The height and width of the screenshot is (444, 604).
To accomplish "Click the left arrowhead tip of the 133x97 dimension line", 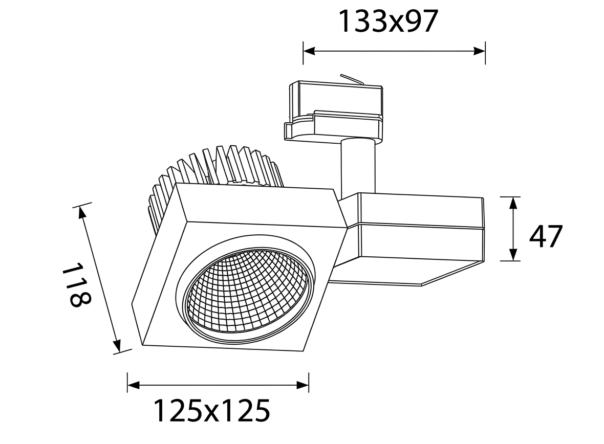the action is pos(304,51).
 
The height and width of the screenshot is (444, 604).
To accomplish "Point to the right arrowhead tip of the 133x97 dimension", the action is pos(485,51).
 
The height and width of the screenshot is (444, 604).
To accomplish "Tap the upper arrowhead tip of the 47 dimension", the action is pos(513,197).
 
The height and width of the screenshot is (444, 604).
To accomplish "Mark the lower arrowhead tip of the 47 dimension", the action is pos(513,261).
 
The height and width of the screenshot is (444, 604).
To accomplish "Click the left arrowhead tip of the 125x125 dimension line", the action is pos(128,384).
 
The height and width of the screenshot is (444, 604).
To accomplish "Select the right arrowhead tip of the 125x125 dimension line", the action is pos(308,384).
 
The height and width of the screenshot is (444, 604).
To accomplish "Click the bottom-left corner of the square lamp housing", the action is pos(143,345).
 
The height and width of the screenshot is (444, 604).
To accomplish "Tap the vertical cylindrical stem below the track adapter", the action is pos(357,167).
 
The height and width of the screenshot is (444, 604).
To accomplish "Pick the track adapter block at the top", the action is pos(334,110).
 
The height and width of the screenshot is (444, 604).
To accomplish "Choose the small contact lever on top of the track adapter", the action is pos(351,79).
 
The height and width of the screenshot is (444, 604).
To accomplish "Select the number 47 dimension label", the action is pos(546,236).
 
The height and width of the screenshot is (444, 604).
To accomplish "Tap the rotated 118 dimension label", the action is pos(76,284).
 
